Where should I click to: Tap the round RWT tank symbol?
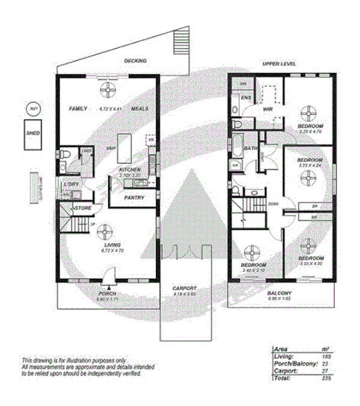[x=33, y=109]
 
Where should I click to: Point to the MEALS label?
[x=139, y=109]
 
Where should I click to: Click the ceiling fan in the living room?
[x=107, y=230]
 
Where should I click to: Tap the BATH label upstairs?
[x=249, y=149]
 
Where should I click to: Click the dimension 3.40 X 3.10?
[x=253, y=270]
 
